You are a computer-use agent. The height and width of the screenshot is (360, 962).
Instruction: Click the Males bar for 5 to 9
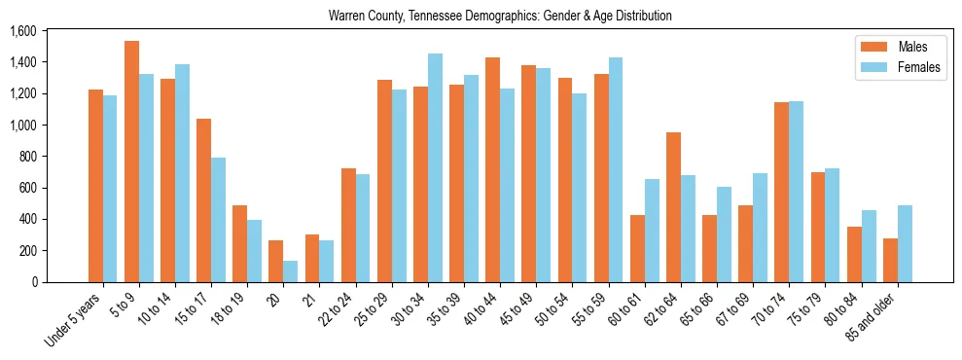131,162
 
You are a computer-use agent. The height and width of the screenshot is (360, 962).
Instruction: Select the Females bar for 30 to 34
435,167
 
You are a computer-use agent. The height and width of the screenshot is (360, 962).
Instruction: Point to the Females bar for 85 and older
905,243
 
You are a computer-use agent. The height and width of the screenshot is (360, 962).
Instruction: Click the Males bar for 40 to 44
492,169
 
